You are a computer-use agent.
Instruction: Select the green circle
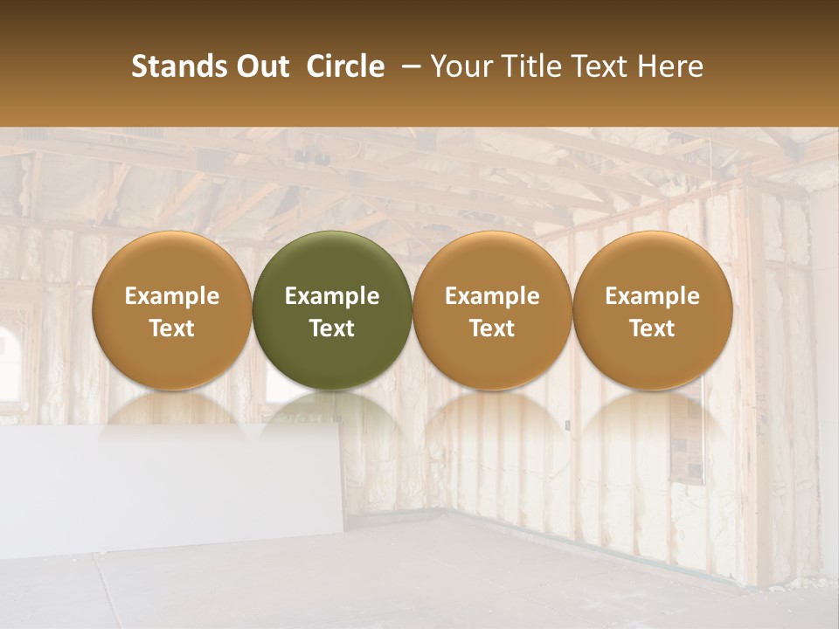tap(332, 310)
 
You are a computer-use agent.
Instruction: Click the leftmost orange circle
tap(172, 310)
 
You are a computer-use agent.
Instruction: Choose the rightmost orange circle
tap(652, 310)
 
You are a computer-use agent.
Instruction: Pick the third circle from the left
tap(492, 310)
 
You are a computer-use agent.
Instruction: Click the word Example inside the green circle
tap(332, 296)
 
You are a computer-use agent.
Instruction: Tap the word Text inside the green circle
tap(332, 328)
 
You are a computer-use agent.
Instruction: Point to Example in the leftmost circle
tap(172, 296)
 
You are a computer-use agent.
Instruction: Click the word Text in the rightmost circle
tap(652, 328)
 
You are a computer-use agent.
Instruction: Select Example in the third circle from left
tap(492, 296)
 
